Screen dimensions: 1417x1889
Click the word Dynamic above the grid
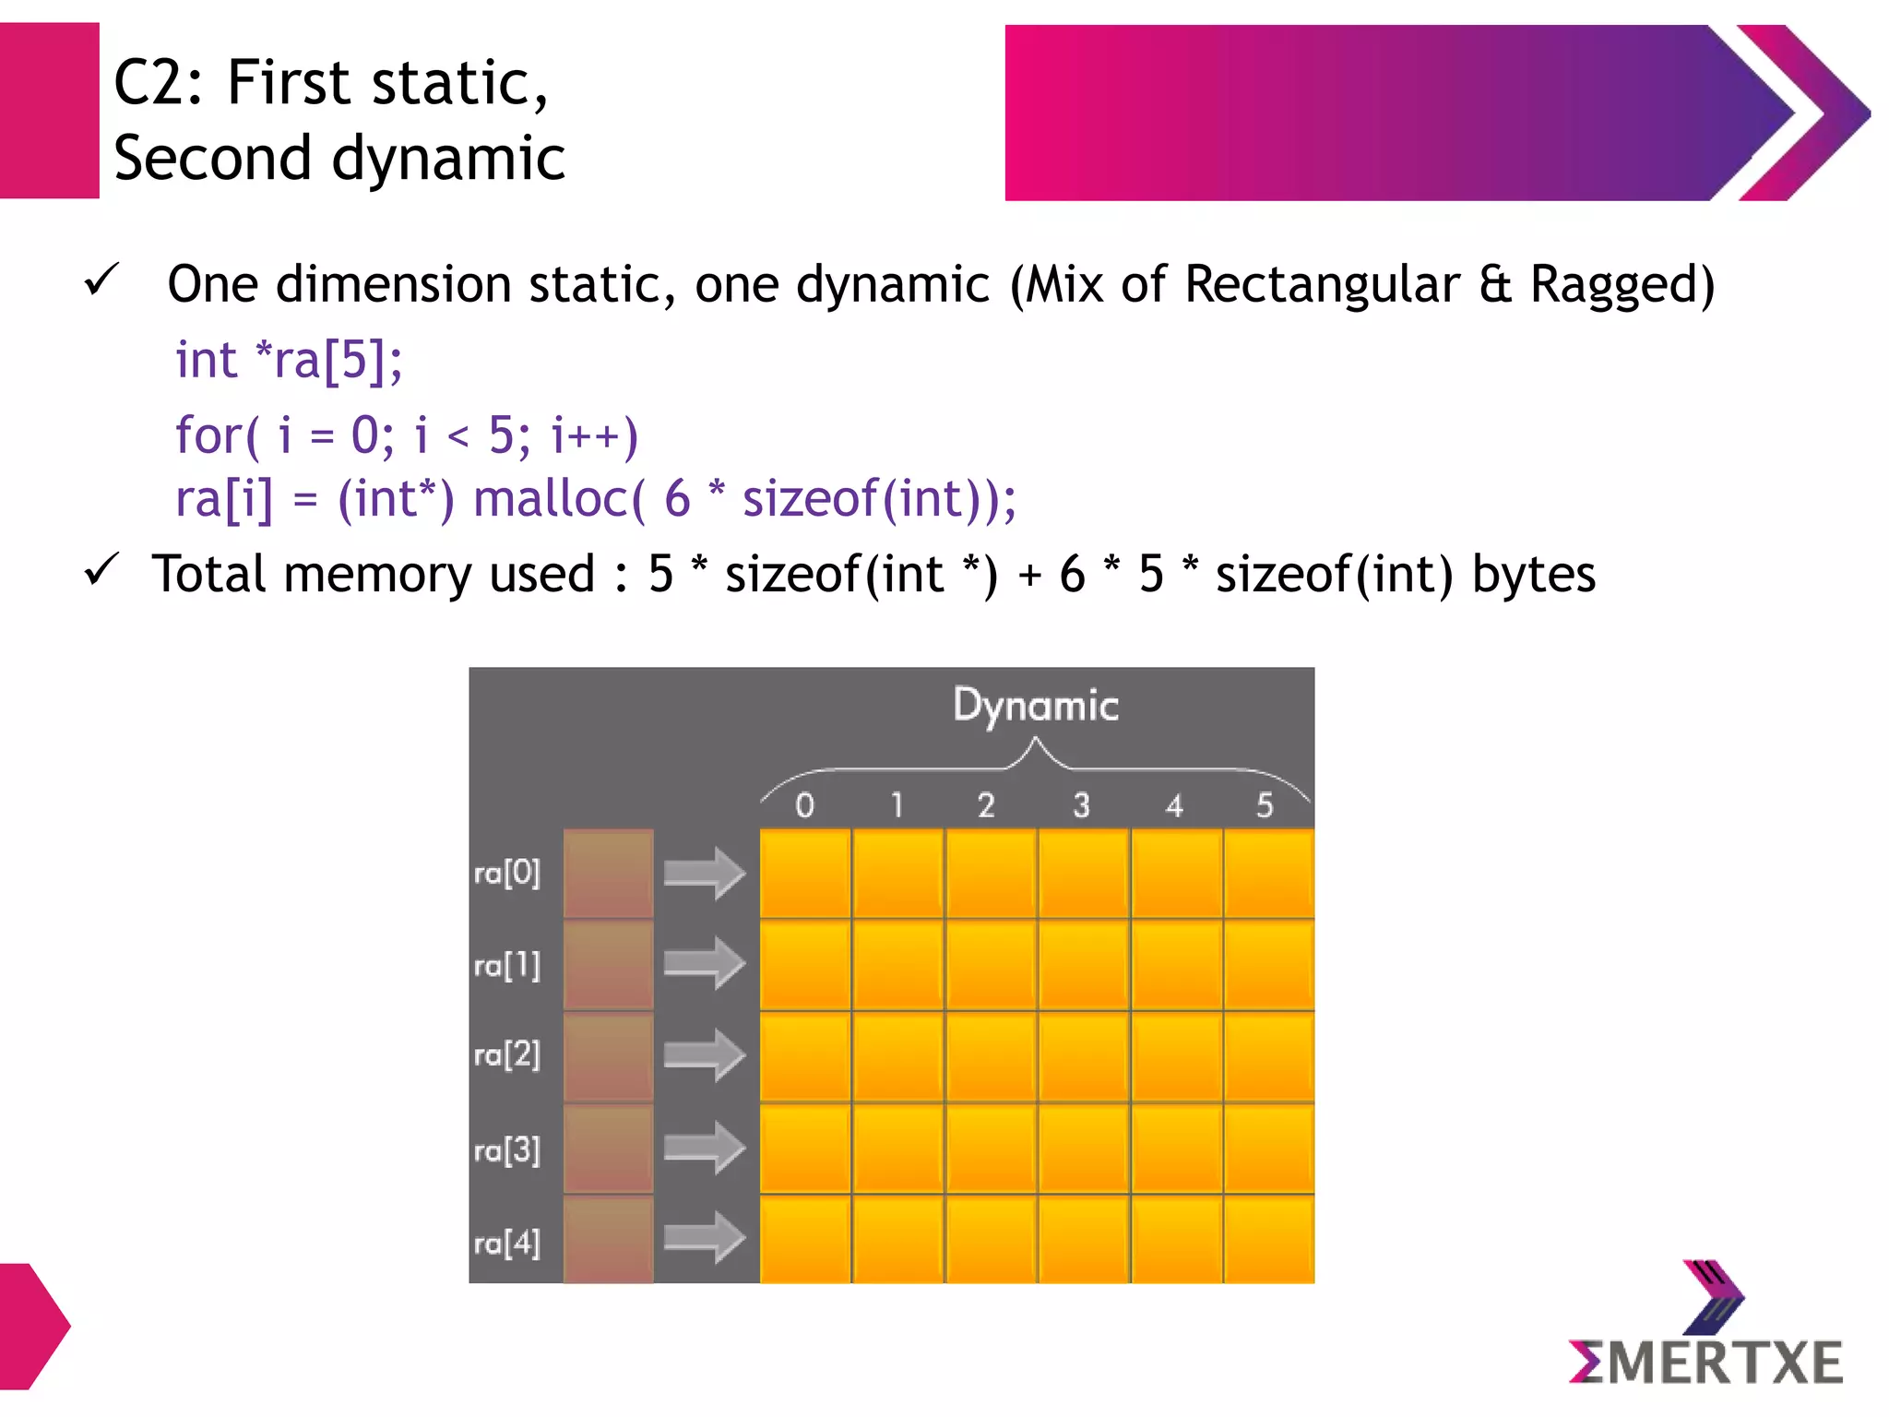pyautogui.click(x=1035, y=707)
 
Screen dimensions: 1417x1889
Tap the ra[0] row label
pyautogui.click(x=506, y=873)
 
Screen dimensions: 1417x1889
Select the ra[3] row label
pyautogui.click(x=506, y=1150)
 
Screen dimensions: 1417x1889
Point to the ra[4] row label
pyautogui.click(x=506, y=1244)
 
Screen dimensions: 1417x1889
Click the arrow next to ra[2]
pyautogui.click(x=704, y=1055)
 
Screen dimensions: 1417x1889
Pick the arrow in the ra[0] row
pyautogui.click(x=704, y=873)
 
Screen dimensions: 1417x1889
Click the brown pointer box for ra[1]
pyautogui.click(x=608, y=965)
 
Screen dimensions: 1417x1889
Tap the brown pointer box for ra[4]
pyautogui.click(x=608, y=1239)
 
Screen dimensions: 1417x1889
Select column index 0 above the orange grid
pyautogui.click(x=804, y=805)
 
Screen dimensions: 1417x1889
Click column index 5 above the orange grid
pyautogui.click(x=1265, y=805)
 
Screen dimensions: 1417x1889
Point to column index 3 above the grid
pyautogui.click(x=1081, y=805)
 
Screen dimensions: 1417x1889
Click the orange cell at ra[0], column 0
pyautogui.click(x=805, y=873)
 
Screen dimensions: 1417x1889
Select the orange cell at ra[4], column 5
pyautogui.click(x=1269, y=1239)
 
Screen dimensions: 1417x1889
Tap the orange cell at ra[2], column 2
pyautogui.click(x=991, y=1056)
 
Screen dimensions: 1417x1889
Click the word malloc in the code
pyautogui.click(x=551, y=499)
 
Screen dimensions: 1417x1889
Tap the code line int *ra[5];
pyautogui.click(x=289, y=360)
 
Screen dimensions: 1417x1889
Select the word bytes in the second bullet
pyautogui.click(x=1533, y=574)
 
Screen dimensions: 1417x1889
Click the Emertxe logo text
pyautogui.click(x=1706, y=1363)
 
